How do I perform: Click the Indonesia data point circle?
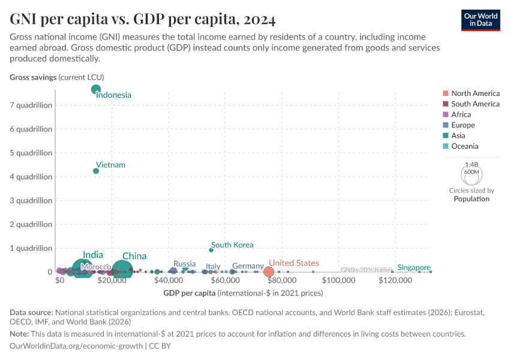pos(96,89)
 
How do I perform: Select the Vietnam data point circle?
pos(96,171)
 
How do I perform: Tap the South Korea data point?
pos(211,250)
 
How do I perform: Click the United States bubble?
pos(269,272)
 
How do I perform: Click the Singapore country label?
pos(414,268)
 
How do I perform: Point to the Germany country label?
pos(248,266)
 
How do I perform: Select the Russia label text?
pos(184,263)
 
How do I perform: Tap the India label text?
pos(93,255)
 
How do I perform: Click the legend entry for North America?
pos(475,94)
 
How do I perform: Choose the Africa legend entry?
pos(461,115)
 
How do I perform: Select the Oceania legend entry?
pos(464,146)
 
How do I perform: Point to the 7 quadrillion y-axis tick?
pos(31,105)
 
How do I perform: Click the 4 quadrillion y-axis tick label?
pos(31,176)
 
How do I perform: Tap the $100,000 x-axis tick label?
pos(339,280)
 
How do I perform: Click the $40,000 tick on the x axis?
pos(169,280)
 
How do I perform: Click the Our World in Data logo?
pos(481,19)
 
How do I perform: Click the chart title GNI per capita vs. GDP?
pos(143,19)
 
